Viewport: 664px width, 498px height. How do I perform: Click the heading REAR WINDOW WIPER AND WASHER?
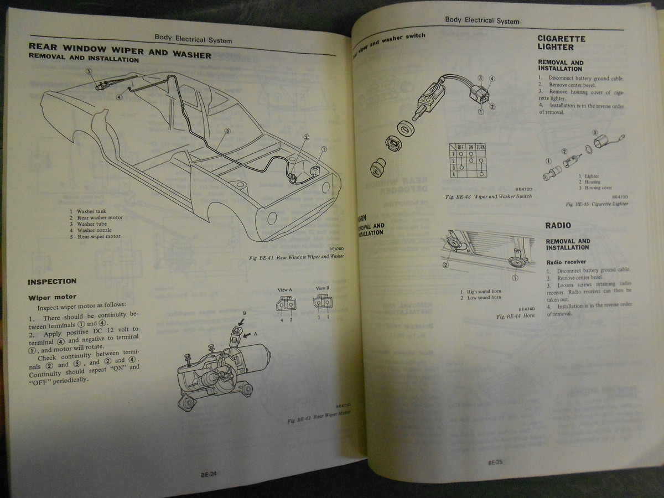(120, 51)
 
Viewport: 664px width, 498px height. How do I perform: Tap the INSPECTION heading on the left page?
(52, 282)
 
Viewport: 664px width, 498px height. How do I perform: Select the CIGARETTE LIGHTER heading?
(561, 43)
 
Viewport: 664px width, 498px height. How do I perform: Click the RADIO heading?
(558, 225)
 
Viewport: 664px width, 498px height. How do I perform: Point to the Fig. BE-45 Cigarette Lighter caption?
(597, 204)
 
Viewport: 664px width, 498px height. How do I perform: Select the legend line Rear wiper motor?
(95, 237)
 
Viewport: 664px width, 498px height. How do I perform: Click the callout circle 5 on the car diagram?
(88, 71)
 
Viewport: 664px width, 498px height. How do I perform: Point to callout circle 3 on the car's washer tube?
(227, 131)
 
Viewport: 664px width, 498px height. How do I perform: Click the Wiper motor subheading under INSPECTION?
(53, 297)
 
